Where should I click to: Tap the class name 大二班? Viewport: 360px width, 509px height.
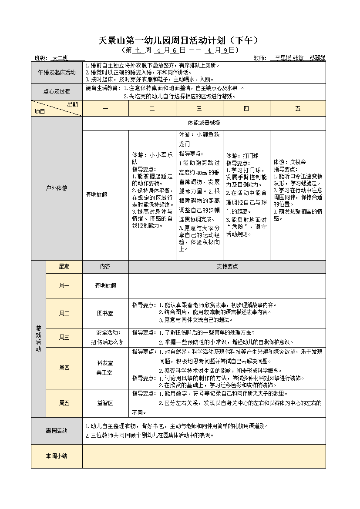[60, 58]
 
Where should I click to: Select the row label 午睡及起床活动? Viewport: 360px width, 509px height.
[57, 72]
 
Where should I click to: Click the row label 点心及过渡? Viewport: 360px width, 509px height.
[57, 92]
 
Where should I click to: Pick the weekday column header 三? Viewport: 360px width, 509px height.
[199, 109]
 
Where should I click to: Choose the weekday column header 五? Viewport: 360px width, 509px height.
[298, 109]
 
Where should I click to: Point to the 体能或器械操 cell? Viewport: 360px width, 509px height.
[204, 123]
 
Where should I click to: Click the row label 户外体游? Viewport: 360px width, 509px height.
[57, 188]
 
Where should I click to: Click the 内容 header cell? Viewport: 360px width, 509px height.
[105, 267]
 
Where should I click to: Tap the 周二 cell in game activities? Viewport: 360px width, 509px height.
[64, 313]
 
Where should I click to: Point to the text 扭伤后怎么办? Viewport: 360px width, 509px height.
[105, 342]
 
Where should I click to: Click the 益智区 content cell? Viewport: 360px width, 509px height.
[105, 403]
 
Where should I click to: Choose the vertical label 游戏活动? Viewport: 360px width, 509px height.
[38, 339]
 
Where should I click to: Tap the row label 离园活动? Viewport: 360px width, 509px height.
[57, 431]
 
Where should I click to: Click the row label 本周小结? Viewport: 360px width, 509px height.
[57, 456]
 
